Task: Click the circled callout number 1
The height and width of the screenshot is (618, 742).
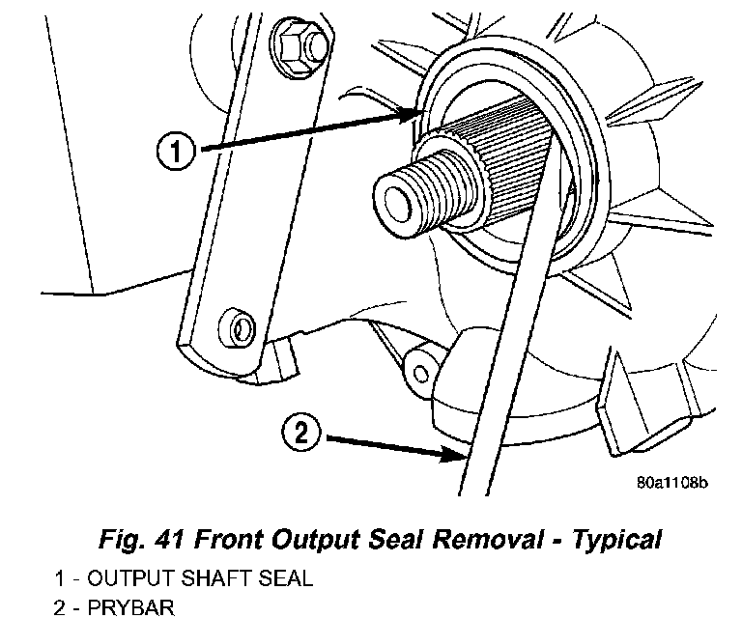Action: pos(175,151)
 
